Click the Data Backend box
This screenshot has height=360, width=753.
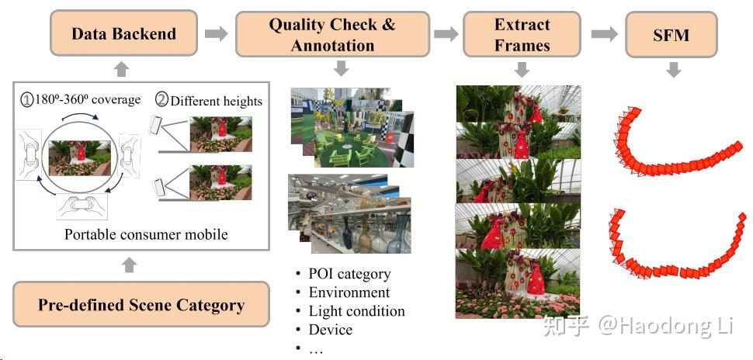[x=123, y=33]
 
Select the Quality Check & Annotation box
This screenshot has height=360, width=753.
[x=331, y=34]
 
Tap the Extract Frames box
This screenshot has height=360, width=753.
[x=522, y=34]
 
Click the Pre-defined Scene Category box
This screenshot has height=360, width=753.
[x=141, y=305]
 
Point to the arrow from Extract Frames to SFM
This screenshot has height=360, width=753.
[x=604, y=33]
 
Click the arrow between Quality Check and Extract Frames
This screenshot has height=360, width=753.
[x=446, y=33]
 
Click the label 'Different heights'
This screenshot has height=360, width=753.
[x=217, y=100]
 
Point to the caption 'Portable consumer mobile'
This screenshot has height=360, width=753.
[x=146, y=234]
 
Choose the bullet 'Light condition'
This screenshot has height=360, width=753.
[x=356, y=311]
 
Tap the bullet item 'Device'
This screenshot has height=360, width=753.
[x=330, y=330]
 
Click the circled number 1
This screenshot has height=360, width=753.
[x=28, y=100]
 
